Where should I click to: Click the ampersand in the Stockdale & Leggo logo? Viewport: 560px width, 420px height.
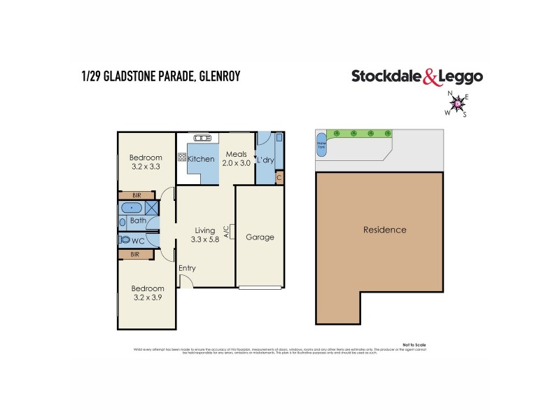(430, 77)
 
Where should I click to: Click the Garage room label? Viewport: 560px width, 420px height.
(260, 237)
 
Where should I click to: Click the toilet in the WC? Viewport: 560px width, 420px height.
(125, 239)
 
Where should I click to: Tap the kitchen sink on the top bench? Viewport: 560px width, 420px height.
(202, 137)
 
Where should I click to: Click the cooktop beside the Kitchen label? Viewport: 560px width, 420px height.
(182, 158)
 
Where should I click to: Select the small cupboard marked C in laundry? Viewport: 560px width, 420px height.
(279, 178)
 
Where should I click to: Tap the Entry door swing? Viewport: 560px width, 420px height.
(185, 281)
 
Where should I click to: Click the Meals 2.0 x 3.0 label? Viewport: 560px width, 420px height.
(235, 158)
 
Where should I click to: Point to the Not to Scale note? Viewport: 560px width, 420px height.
(414, 345)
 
